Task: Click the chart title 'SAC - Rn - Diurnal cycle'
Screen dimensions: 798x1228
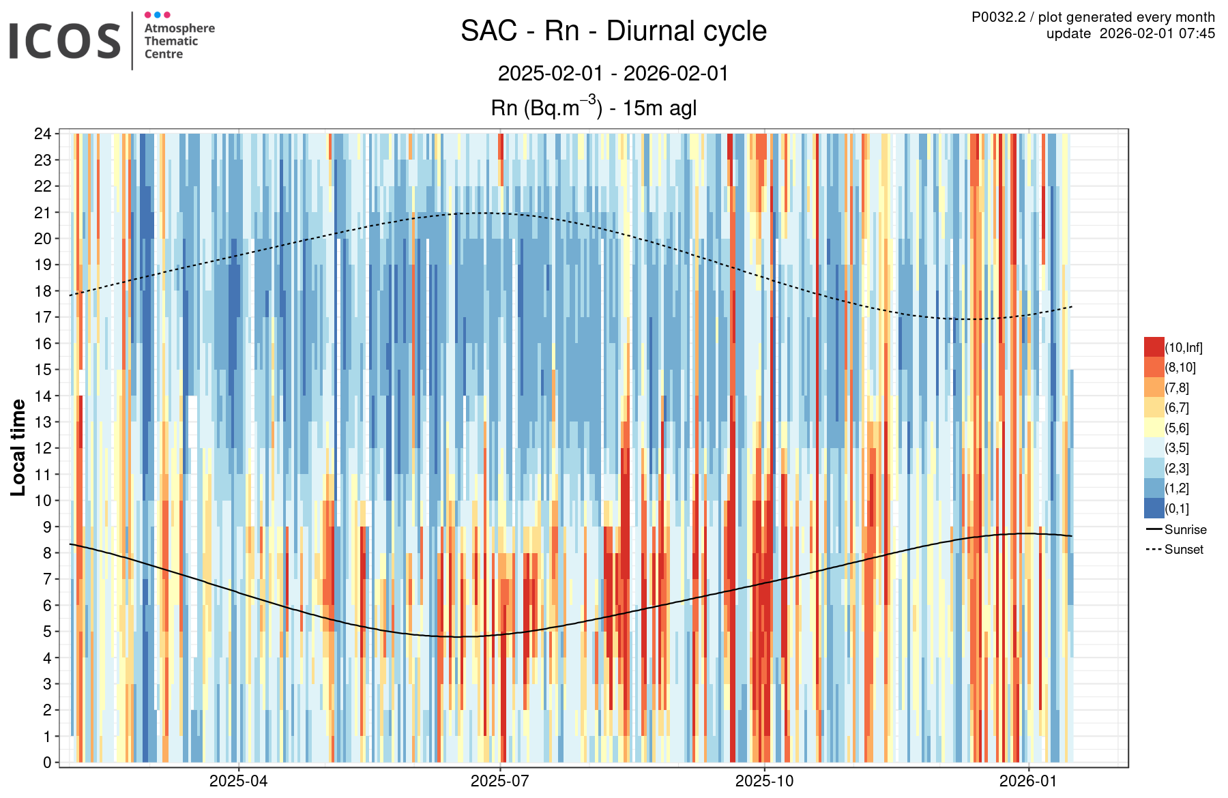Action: click(613, 31)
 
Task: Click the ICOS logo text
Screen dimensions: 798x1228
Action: click(65, 41)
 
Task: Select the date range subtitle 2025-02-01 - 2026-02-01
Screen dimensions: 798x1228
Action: click(613, 74)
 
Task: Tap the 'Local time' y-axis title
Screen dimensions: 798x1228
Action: click(18, 447)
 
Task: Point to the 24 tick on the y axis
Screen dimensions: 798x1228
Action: click(43, 134)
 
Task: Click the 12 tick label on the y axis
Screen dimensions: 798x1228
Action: click(43, 448)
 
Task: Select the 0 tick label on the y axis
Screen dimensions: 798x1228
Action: click(47, 763)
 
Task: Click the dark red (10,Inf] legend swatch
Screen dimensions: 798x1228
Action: click(1154, 347)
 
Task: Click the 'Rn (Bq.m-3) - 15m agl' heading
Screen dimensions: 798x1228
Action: click(594, 108)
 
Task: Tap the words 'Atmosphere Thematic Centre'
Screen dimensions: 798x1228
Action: click(179, 41)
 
